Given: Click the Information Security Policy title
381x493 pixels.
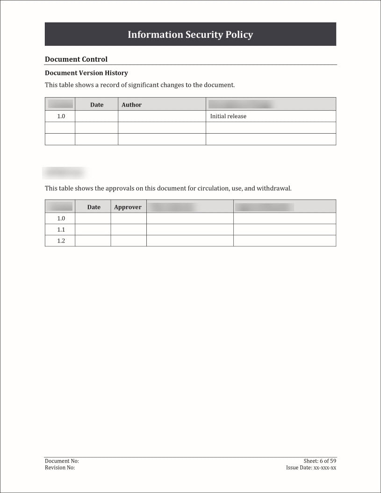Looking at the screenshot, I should (x=190, y=35).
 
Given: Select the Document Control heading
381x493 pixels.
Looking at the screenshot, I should (x=76, y=59).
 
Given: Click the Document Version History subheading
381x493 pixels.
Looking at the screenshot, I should (x=86, y=73).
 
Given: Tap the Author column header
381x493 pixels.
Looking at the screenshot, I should (x=131, y=105).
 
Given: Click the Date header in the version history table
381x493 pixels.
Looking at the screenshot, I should (x=97, y=105).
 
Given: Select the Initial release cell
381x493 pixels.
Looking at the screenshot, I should (x=228, y=116).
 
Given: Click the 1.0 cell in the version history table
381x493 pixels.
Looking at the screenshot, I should (x=61, y=116).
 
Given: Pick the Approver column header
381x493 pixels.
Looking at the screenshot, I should (x=128, y=207).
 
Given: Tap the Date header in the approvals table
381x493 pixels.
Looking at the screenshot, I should (x=93, y=207).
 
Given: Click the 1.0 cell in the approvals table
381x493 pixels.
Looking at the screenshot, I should (x=61, y=218).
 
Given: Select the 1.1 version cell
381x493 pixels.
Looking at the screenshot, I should (x=61, y=229).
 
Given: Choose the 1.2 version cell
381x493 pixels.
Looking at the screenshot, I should (x=61, y=241).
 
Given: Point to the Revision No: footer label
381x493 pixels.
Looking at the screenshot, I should (x=60, y=467).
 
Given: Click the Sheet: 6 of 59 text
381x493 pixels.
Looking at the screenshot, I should (x=320, y=461).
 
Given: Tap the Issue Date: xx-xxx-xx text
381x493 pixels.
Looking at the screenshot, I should (x=311, y=467).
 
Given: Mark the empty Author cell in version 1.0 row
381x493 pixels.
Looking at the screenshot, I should (x=162, y=116).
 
